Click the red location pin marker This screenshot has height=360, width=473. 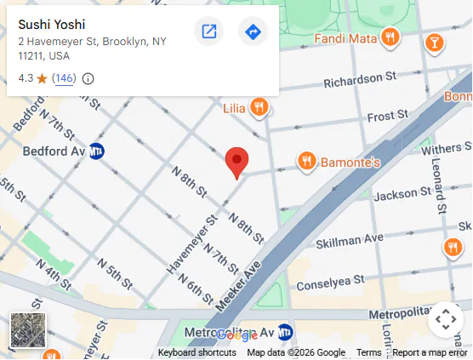coord(236,161)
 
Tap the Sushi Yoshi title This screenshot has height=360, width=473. coord(51,24)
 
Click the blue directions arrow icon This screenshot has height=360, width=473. coord(253,32)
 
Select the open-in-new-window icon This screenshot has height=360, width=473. coord(208,32)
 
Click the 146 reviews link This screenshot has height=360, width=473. coord(64,78)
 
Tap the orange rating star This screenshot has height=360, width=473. coord(42,78)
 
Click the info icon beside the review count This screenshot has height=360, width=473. coord(88,78)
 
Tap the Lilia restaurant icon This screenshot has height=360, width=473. coord(259,107)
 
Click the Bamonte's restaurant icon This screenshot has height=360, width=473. coord(307,160)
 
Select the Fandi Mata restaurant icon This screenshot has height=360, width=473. coord(390,37)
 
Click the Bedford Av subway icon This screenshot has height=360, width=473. coord(98,151)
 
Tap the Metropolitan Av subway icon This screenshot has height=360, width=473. coord(286,332)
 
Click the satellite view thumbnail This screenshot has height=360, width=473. coord(28,330)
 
